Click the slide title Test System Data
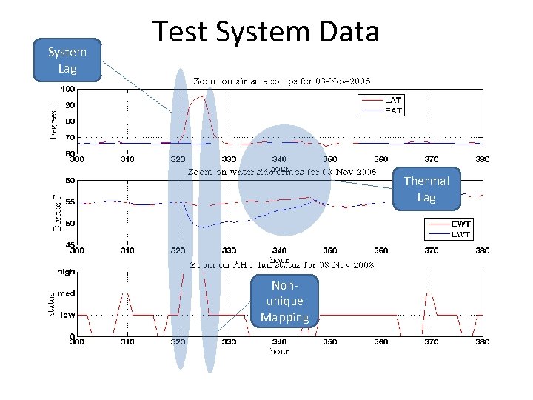coord(266,32)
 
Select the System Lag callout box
coord(67,60)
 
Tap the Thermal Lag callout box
coord(426,189)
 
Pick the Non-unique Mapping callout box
coord(284,301)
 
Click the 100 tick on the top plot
coord(67,89)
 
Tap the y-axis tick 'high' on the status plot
coord(66,272)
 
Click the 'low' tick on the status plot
coord(67,315)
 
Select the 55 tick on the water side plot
coord(69,201)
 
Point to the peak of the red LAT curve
coord(201,96)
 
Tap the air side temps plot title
coord(281,80)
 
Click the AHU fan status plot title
coord(281,264)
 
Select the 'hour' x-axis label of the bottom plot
coord(279,351)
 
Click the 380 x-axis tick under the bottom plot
coord(481,342)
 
